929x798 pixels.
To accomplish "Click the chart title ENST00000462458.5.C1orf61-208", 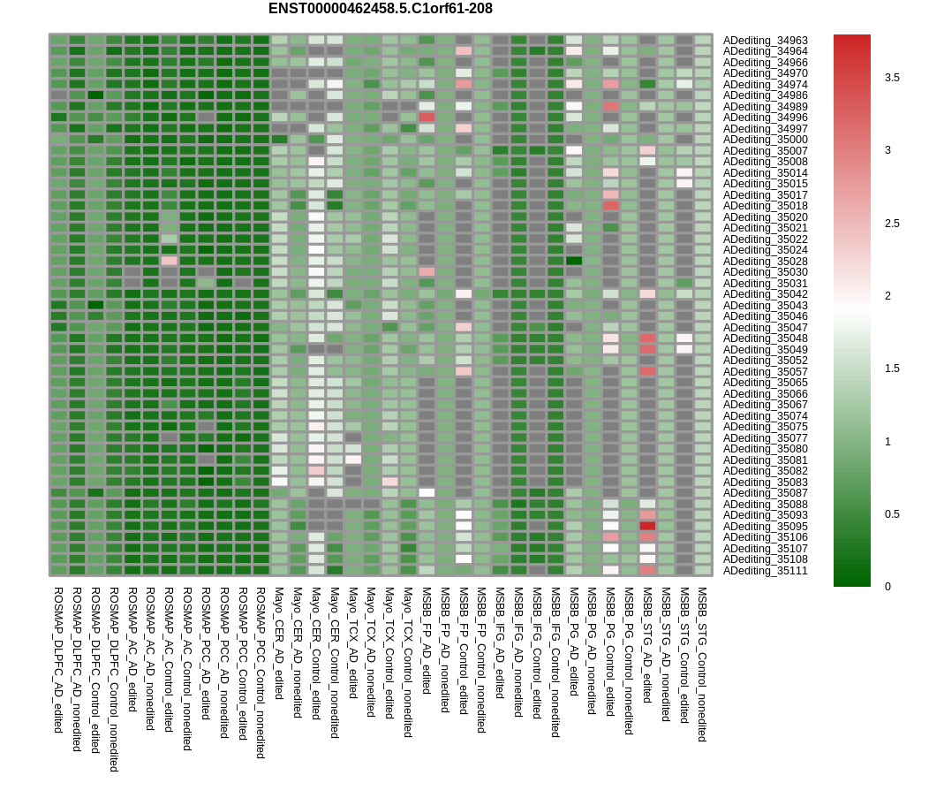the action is pos(381,9).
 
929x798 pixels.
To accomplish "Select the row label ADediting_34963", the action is pos(765,41).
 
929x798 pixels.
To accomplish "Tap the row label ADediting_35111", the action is pos(765,570).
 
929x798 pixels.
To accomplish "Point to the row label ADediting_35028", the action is pos(765,261).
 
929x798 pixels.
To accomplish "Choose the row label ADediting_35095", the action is pos(765,526).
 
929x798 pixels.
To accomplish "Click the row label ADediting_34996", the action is pos(765,118).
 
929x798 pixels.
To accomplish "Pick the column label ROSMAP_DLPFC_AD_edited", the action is pos(58,660).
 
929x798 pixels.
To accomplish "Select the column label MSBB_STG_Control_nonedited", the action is pos(702,665).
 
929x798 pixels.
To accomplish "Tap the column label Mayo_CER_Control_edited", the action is pos(316,653).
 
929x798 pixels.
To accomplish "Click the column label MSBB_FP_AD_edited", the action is pos(427,641).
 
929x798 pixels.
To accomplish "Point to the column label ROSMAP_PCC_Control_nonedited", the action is pos(261,673).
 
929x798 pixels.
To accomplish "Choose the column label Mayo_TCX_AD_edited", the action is pos(353,642).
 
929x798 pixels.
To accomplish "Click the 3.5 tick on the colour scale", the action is pos(892,78).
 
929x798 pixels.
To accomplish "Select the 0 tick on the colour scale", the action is pos(887,586).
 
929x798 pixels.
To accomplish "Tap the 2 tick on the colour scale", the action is pos(887,296).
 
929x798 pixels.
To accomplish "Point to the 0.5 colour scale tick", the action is pos(892,514).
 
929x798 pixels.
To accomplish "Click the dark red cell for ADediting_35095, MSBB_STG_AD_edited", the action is pos(647,526).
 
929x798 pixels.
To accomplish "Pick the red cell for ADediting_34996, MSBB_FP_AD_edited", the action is pos(427,118).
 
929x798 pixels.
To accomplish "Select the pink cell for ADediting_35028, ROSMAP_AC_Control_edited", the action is pos(169,261).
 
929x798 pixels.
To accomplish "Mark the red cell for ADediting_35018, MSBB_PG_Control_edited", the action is pos(611,206).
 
